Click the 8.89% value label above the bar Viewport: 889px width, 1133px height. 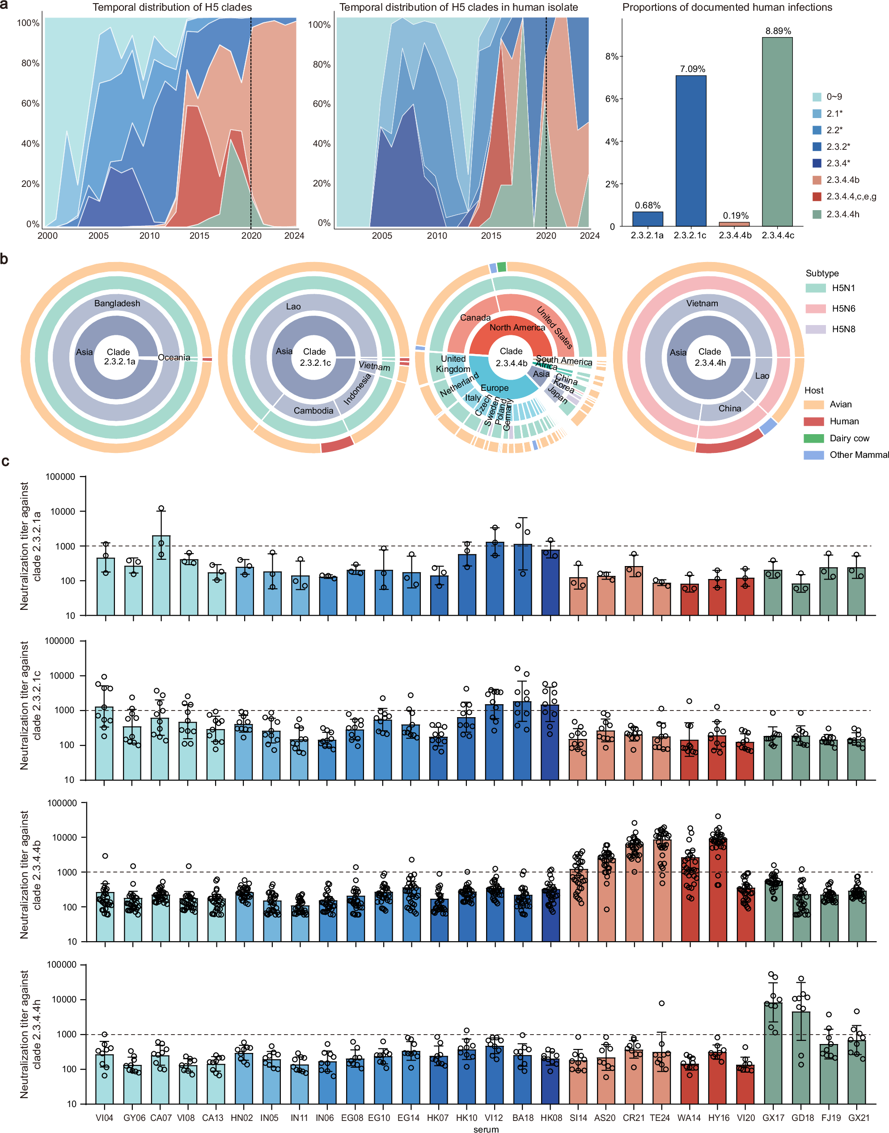pos(778,31)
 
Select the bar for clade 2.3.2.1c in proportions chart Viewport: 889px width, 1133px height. pos(691,151)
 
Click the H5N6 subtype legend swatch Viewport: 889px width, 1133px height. pos(816,309)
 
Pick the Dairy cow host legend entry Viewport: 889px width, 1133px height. pos(849,438)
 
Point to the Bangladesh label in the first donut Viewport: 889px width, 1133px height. pos(117,304)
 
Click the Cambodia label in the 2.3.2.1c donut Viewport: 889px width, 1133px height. pos(313,410)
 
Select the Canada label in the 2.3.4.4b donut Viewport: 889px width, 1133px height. pos(475,317)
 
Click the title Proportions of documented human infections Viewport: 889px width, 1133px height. pos(727,7)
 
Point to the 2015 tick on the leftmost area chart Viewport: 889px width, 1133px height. pos(199,236)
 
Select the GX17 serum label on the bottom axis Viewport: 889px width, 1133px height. pos(773,1118)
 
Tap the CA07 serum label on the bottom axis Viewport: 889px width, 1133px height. pos(161,1118)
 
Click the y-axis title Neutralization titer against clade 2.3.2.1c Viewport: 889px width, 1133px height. pos(30,706)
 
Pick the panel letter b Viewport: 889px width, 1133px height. pos(4,259)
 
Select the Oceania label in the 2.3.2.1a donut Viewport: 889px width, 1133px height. pos(174,358)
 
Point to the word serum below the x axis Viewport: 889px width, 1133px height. pos(486,1129)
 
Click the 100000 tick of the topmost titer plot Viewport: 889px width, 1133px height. pos(60,477)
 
